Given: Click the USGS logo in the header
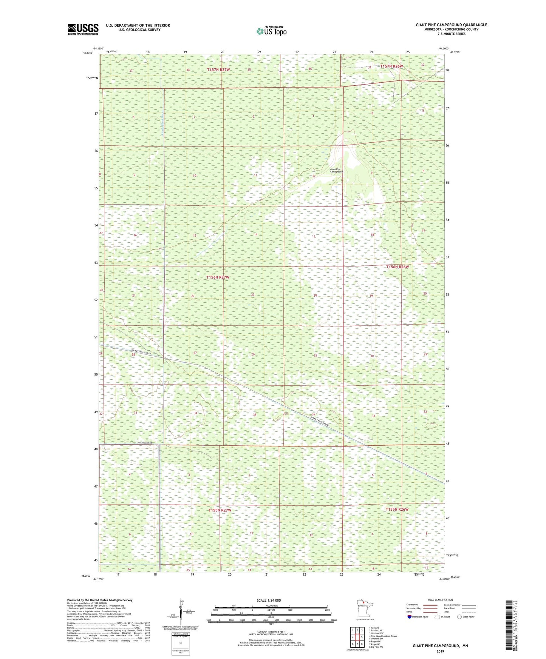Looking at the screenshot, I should point(83,29).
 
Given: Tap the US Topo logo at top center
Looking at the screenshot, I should point(271,31).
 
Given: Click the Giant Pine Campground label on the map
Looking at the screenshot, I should point(336,171).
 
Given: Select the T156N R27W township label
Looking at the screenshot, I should point(218,277).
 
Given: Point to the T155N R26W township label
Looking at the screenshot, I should point(397,509).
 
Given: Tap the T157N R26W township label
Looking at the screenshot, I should point(392,66).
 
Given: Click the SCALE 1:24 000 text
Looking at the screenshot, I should point(269,600).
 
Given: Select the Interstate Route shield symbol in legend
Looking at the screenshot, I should point(409,617).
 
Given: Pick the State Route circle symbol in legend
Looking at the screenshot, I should point(459,617).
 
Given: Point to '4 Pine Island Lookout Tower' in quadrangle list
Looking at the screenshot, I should point(383,636).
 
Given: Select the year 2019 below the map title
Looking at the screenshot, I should point(440,651).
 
